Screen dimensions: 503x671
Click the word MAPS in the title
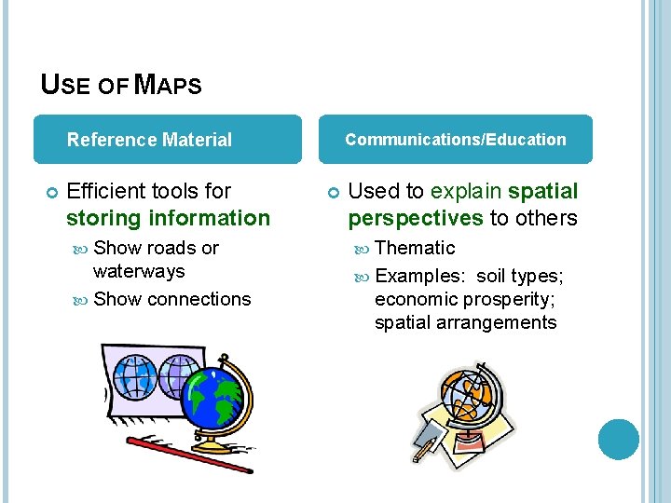pyautogui.click(x=168, y=85)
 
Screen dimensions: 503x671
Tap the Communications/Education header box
pyautogui.click(x=455, y=140)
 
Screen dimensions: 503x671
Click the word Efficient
pyautogui.click(x=109, y=191)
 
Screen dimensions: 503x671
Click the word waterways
pyautogui.click(x=139, y=271)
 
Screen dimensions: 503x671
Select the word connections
pyautogui.click(x=199, y=299)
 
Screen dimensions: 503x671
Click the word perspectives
pyautogui.click(x=416, y=218)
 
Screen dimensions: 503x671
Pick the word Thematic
pyautogui.click(x=415, y=248)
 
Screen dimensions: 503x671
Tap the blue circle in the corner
pyautogui.click(x=619, y=439)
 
